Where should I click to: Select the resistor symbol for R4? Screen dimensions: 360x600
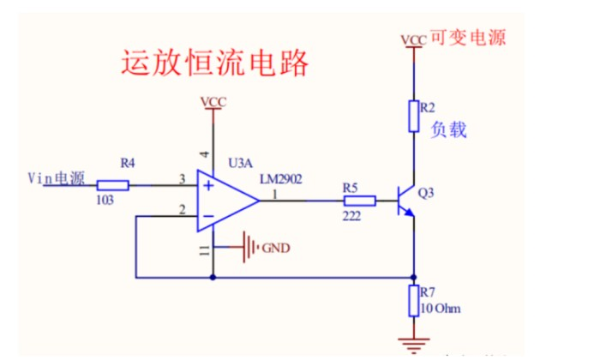(x=112, y=184)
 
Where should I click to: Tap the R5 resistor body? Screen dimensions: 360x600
(x=359, y=201)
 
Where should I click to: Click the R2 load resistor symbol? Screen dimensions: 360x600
(x=415, y=115)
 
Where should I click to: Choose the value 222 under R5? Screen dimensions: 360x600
(x=351, y=218)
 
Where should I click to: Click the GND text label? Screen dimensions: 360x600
(x=276, y=249)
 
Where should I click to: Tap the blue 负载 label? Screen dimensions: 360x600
(x=448, y=129)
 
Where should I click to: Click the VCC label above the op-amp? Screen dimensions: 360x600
(x=213, y=102)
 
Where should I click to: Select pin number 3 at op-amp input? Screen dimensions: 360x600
(x=181, y=178)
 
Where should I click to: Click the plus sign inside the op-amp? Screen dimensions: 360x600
(x=208, y=184)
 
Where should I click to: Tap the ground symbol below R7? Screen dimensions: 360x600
(x=415, y=345)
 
